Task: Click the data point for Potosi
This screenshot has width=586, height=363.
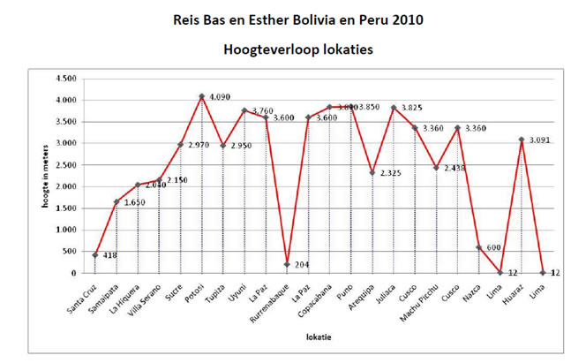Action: [x=201, y=96]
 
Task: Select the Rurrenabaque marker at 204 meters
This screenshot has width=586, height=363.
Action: [x=287, y=264]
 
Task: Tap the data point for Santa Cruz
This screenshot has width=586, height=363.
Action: [x=94, y=255]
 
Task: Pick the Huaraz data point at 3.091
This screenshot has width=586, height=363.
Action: [x=522, y=140]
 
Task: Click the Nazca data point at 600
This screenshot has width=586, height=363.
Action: [x=478, y=247]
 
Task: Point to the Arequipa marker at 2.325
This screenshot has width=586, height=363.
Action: [x=372, y=172]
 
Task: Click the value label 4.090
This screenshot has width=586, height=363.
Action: [x=220, y=97]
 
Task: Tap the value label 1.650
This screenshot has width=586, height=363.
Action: [x=134, y=204]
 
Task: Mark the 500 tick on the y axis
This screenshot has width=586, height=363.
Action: [x=69, y=252]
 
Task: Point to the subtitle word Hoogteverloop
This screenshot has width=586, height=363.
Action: [x=266, y=51]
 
